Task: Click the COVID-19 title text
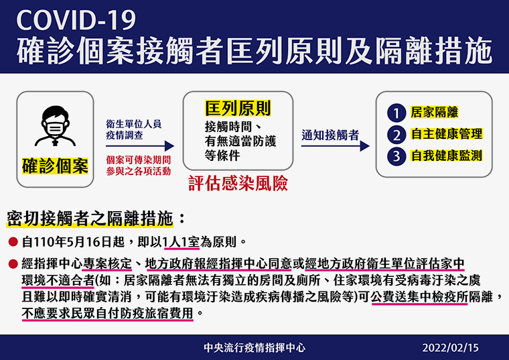click(76, 21)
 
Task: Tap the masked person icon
click(55, 126)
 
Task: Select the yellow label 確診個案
click(55, 166)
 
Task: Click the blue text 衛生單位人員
click(133, 124)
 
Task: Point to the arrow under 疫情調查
click(140, 146)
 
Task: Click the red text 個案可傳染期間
click(138, 160)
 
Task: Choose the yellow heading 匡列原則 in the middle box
click(238, 108)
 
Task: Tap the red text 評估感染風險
click(238, 183)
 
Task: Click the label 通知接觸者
click(330, 135)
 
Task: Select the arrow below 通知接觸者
click(336, 146)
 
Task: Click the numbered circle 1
click(396, 113)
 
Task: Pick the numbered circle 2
click(396, 135)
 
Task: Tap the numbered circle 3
click(396, 156)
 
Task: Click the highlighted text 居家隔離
click(435, 112)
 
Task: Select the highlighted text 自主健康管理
click(447, 134)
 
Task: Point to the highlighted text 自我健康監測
click(447, 156)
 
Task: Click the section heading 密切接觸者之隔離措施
click(90, 219)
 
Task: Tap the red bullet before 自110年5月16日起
click(13, 242)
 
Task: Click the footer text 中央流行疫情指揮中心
click(254, 348)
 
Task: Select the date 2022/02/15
click(450, 348)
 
